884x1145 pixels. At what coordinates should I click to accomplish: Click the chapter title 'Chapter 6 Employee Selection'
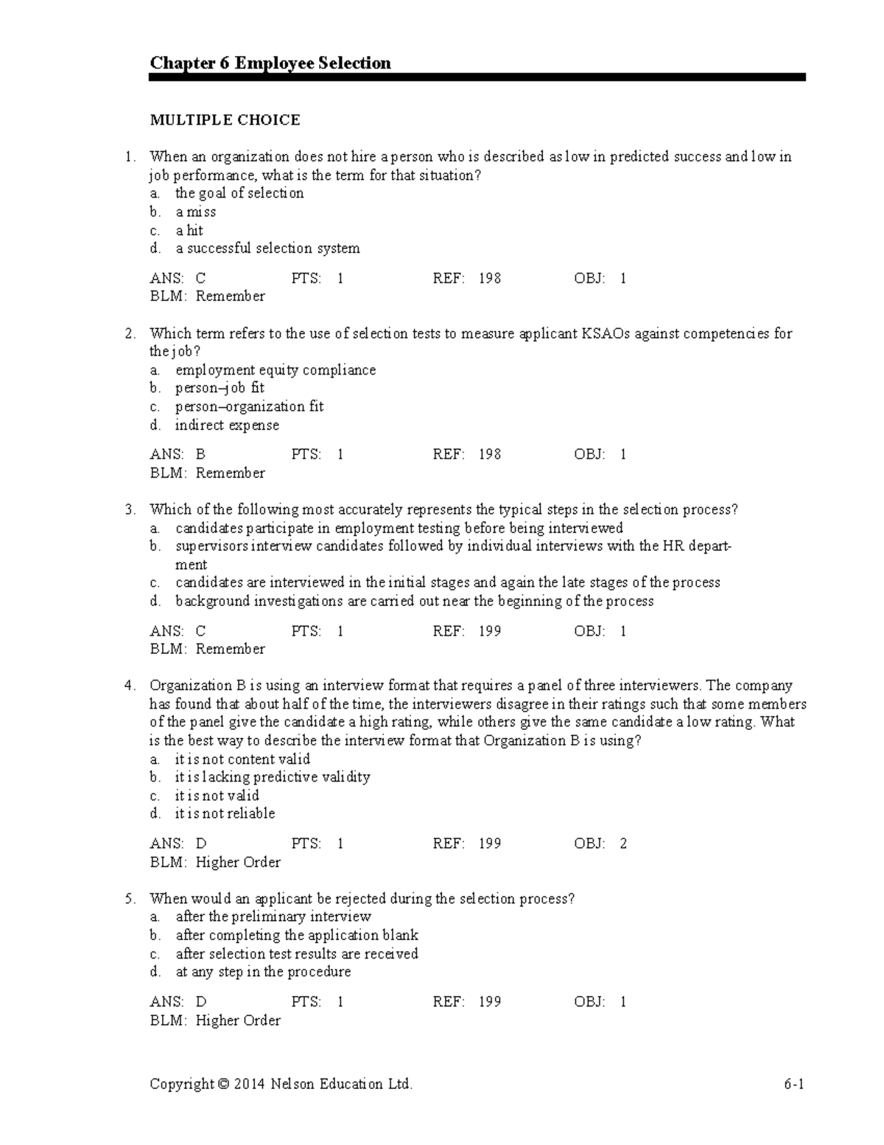270,63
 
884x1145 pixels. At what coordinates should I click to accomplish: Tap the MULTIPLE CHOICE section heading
225,120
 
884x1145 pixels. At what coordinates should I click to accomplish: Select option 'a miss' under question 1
195,212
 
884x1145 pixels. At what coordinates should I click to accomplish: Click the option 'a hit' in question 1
189,231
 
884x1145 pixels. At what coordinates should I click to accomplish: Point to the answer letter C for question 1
200,279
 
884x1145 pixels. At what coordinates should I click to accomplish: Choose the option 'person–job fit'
220,389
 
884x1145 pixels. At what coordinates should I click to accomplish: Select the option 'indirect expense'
227,425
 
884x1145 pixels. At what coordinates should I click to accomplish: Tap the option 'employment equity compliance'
276,370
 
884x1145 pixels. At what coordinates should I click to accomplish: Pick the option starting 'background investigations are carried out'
414,602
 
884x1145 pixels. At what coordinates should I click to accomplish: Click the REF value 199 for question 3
490,631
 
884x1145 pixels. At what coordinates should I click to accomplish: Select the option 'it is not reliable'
225,814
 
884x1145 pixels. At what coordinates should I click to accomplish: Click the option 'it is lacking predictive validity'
273,777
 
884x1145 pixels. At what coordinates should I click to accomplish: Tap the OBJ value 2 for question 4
623,843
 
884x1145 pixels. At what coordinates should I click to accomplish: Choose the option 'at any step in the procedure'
263,972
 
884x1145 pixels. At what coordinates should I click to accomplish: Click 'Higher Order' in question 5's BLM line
238,1020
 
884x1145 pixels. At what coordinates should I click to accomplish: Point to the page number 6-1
793,1084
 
